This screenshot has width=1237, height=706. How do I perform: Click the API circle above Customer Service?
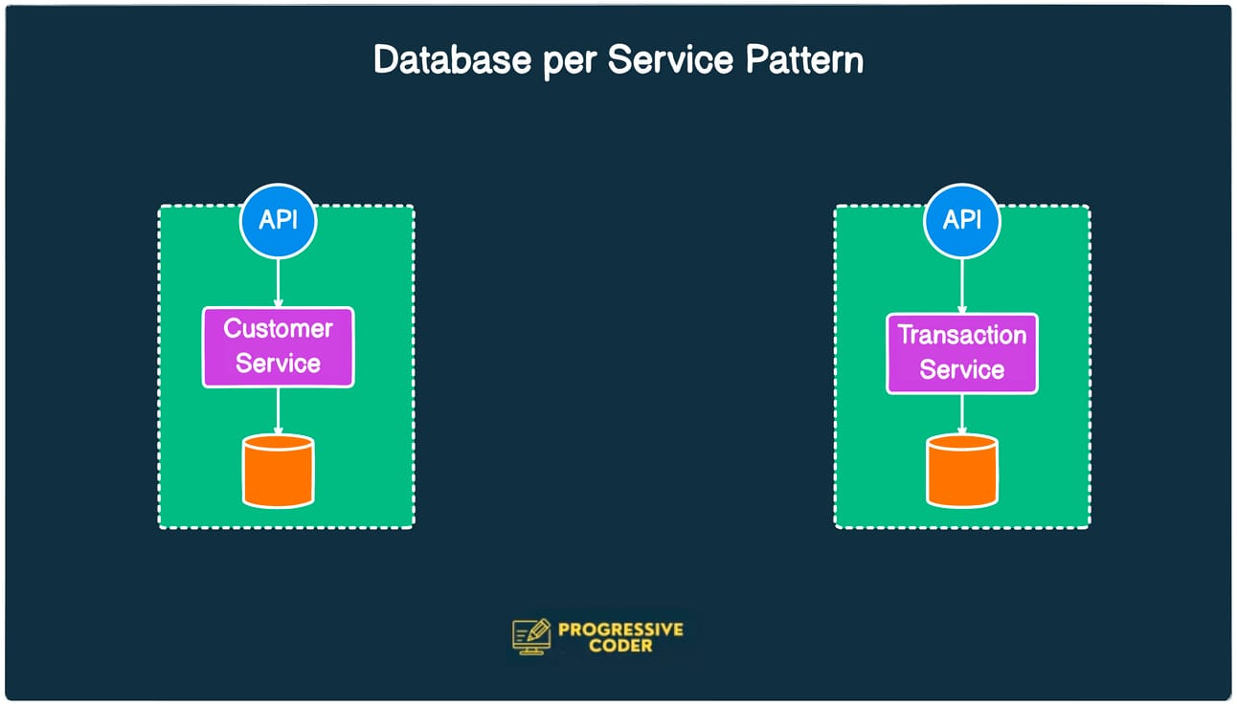click(278, 220)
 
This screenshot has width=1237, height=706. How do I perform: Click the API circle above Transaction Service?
click(961, 220)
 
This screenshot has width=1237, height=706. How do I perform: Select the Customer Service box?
click(278, 346)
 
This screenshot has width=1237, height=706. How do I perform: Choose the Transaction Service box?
click(961, 353)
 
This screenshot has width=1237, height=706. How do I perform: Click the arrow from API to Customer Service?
click(278, 282)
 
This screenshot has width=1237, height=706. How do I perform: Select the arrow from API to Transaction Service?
click(961, 285)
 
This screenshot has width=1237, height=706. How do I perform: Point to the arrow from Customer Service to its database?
click(278, 410)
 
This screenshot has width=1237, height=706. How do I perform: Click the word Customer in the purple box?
click(278, 329)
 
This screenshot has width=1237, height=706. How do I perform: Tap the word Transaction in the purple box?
click(961, 336)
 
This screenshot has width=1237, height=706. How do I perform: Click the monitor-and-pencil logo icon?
click(531, 636)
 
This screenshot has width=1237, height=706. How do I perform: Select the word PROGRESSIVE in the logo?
click(620, 629)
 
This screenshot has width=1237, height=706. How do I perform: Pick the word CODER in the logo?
click(620, 646)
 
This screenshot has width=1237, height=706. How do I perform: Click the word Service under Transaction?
click(961, 370)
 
